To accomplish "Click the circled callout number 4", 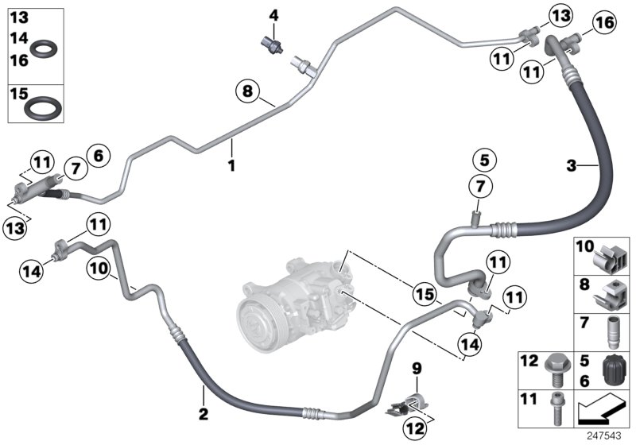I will click(273, 15).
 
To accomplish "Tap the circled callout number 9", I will click(415, 368).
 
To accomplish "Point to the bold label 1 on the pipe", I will click(231, 165).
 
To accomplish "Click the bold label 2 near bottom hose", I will click(203, 413).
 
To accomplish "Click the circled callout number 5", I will click(483, 159).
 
